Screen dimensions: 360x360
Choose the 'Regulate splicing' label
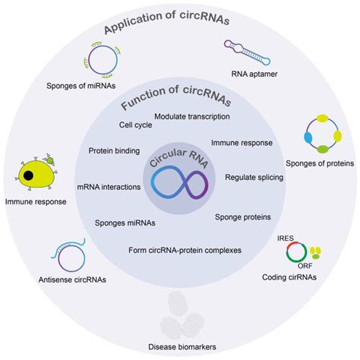(254, 177)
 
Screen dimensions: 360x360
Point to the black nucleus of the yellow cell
(28, 176)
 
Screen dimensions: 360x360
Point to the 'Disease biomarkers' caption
(182, 347)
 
